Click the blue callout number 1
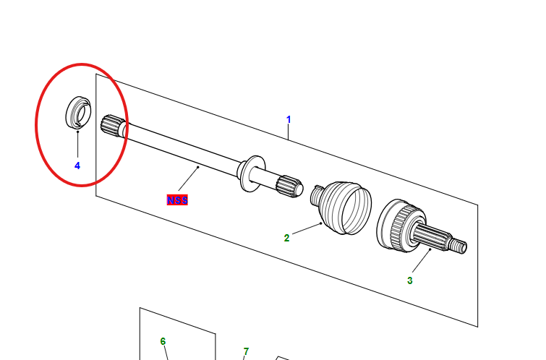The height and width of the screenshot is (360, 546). [x=289, y=119]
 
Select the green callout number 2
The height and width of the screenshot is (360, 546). [x=286, y=238]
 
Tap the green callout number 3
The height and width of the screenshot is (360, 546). [x=409, y=280]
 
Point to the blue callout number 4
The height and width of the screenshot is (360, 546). [x=77, y=166]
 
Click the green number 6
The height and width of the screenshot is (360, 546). [x=163, y=341]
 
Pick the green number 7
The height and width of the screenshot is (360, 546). [x=246, y=351]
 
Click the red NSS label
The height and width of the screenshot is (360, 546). [x=177, y=200]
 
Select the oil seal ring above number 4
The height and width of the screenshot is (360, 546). [x=78, y=113]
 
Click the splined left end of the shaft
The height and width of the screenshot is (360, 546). [x=112, y=125]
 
